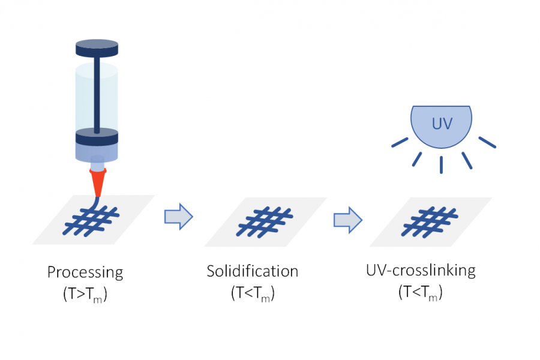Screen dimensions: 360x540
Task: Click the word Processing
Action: tap(85, 272)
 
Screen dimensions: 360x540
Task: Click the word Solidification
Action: tap(252, 271)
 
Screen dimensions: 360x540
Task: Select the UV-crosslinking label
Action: tap(421, 270)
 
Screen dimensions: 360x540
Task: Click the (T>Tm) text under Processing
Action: tap(85, 295)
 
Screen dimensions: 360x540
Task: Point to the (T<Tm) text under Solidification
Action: tap(253, 293)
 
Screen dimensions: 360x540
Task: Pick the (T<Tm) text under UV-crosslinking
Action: tap(421, 292)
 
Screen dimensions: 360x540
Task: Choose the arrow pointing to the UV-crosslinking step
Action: tap(347, 220)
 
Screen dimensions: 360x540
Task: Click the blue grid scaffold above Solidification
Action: tap(265, 220)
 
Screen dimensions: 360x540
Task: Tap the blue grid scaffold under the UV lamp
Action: tap(430, 220)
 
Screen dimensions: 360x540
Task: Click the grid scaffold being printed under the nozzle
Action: tap(93, 220)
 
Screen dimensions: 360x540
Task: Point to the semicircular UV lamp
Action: tap(440, 126)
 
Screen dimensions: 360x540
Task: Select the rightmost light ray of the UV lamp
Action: tap(487, 142)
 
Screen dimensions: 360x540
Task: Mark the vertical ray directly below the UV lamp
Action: tap(441, 164)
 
